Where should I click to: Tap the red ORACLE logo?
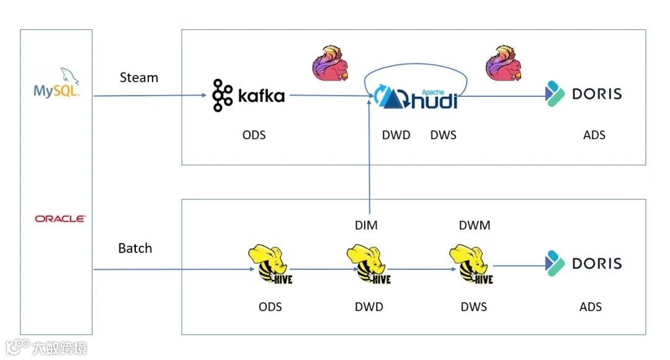pyautogui.click(x=60, y=218)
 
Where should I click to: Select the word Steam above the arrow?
pyautogui.click(x=138, y=78)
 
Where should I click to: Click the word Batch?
pyautogui.click(x=135, y=248)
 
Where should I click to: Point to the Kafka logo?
pyautogui.click(x=248, y=96)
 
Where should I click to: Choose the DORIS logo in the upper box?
pyautogui.click(x=584, y=94)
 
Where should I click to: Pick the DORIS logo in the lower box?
pyautogui.click(x=584, y=263)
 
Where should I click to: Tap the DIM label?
pyautogui.click(x=366, y=225)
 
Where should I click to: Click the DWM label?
pyautogui.click(x=475, y=225)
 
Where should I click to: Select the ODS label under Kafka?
pyautogui.click(x=254, y=135)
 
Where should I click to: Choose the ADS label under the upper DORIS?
pyautogui.click(x=594, y=135)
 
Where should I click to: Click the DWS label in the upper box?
pyautogui.click(x=443, y=135)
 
